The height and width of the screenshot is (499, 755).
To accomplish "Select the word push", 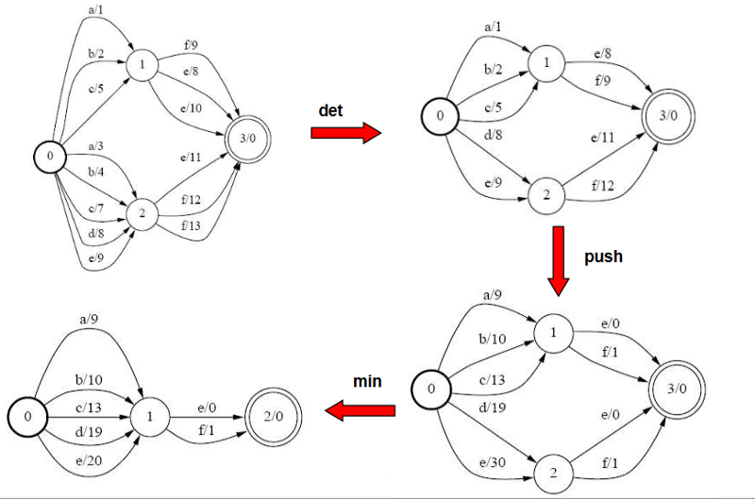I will (x=603, y=256).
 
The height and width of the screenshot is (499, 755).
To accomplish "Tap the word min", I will (x=367, y=381).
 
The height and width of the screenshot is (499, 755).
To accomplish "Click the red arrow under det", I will (x=346, y=134).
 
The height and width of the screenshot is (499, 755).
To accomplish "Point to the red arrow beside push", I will (x=559, y=258).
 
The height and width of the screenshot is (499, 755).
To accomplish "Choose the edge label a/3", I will (x=96, y=147).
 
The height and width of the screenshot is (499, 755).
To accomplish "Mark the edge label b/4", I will (x=95, y=174).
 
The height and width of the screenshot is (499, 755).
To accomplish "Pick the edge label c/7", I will (x=95, y=208).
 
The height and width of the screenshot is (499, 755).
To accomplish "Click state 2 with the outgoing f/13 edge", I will (x=142, y=213).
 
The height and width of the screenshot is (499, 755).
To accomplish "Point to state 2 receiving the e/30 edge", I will (x=553, y=469).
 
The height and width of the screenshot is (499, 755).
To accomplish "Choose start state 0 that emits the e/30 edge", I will (x=430, y=388).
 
